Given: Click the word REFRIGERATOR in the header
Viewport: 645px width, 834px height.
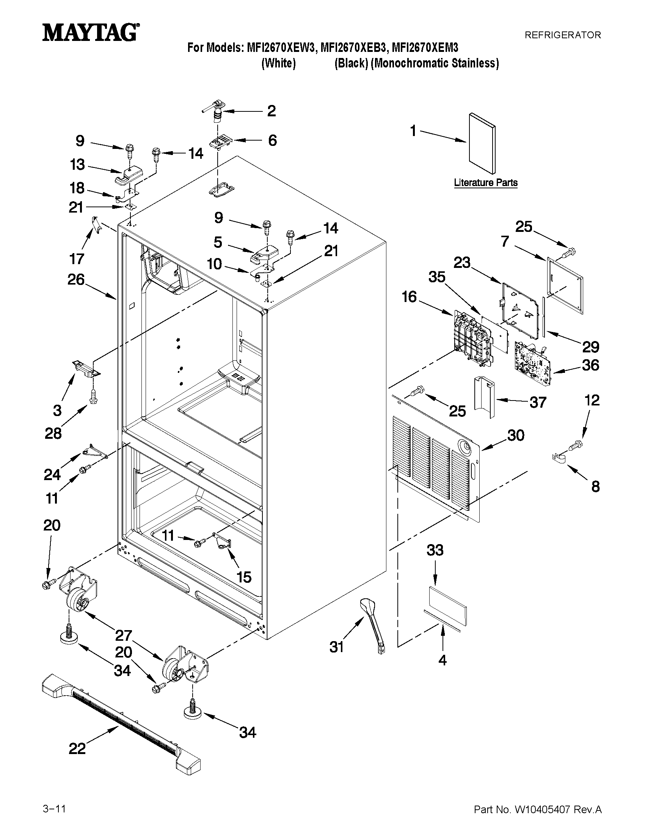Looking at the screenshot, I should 562,35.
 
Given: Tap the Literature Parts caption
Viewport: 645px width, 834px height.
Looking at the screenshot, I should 486,183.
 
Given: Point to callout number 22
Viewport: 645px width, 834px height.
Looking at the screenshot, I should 77,748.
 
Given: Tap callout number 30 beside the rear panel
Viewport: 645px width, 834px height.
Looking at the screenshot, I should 515,435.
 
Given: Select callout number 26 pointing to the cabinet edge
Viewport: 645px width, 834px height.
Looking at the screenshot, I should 76,280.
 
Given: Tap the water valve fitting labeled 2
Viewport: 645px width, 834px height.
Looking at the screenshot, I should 217,110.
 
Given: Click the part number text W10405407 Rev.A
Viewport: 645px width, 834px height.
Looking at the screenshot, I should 537,806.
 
